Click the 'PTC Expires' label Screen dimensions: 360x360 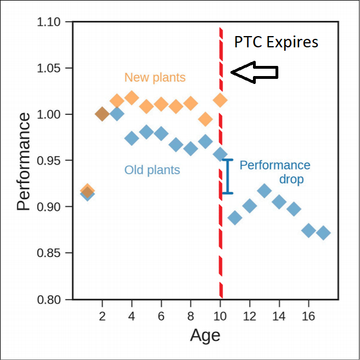click(276, 42)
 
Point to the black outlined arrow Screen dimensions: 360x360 click(255, 72)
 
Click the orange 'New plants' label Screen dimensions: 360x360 click(155, 77)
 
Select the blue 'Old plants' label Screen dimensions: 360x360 click(152, 170)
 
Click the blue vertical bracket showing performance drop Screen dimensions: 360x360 click(228, 176)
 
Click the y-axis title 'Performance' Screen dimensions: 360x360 click(23, 161)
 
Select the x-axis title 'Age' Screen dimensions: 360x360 click(205, 335)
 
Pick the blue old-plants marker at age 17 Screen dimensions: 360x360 click(323, 233)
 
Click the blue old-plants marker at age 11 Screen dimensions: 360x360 click(235, 218)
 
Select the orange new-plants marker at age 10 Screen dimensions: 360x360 click(220, 100)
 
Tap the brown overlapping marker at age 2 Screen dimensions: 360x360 click(102, 114)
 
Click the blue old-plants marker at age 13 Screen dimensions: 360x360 click(264, 190)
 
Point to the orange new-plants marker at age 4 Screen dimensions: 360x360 click(131, 98)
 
